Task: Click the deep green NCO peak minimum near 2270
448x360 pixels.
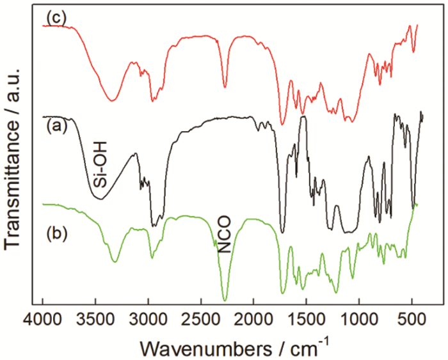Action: (x=225, y=300)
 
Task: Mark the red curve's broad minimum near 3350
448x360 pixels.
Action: (x=113, y=100)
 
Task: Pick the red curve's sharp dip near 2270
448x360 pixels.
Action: (x=225, y=88)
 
